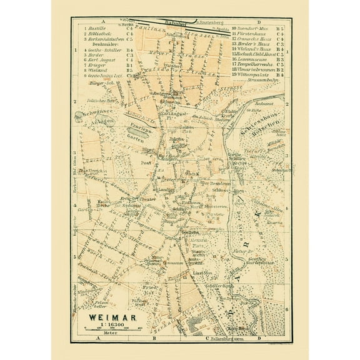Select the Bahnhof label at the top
coord(167,22)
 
